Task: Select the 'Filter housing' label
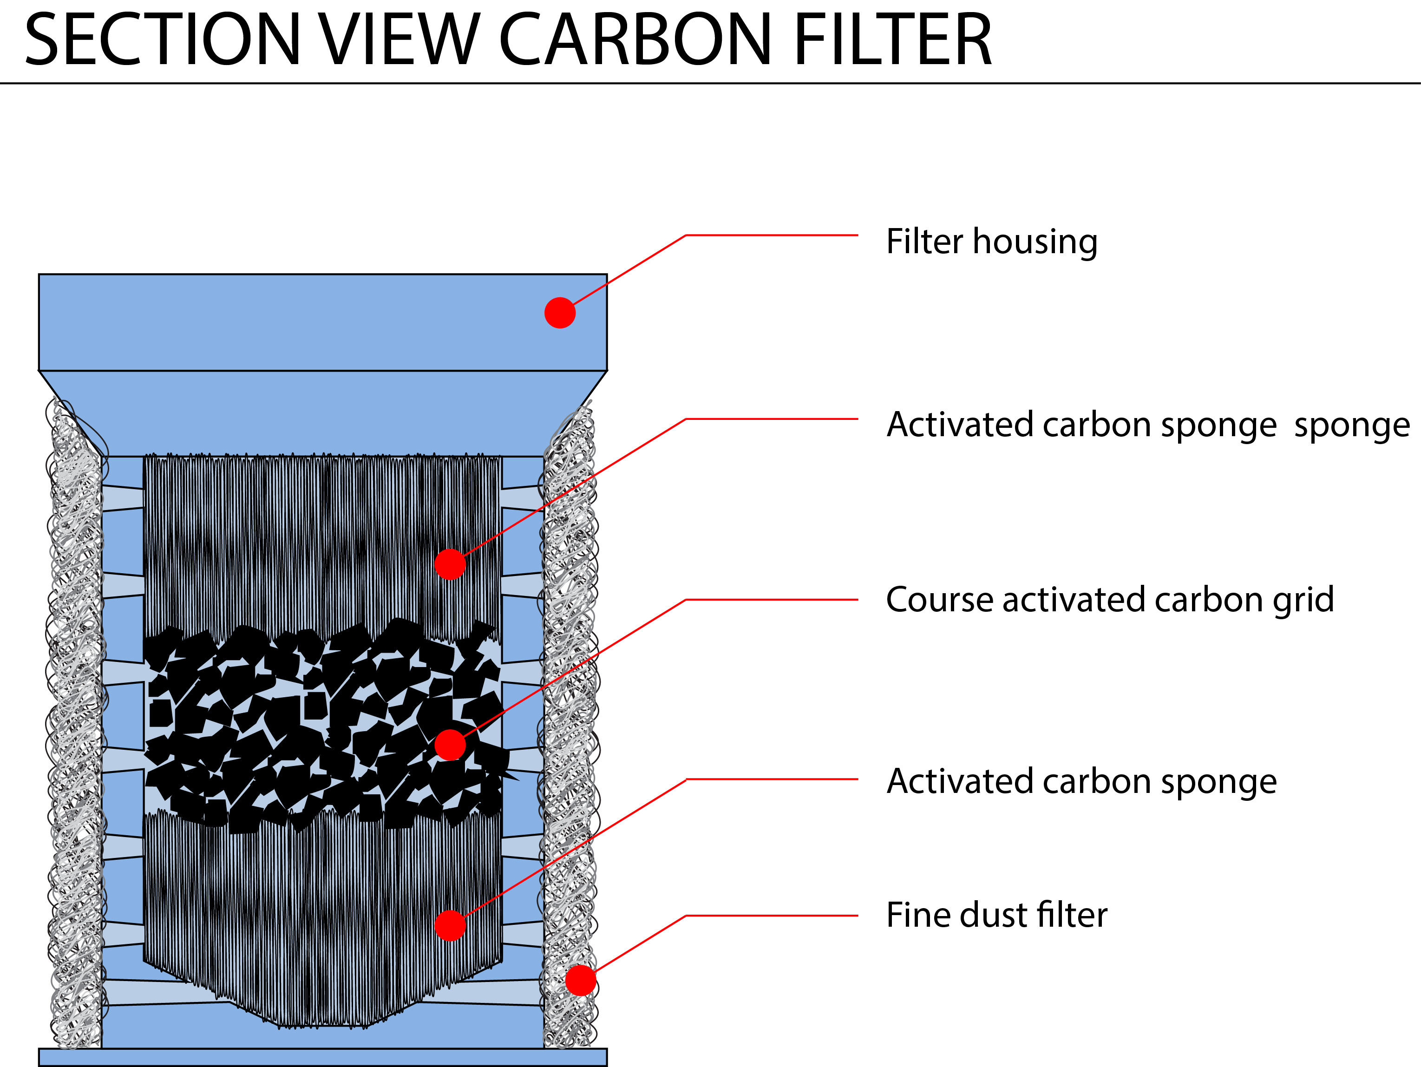tap(991, 242)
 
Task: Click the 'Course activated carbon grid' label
tap(1109, 599)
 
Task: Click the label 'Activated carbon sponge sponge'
tap(1147, 425)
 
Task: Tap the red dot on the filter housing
tap(560, 313)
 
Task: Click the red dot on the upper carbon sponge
tap(450, 564)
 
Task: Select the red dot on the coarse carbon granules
tap(450, 745)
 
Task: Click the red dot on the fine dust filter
tap(580, 980)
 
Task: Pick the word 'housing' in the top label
tap(1034, 242)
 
